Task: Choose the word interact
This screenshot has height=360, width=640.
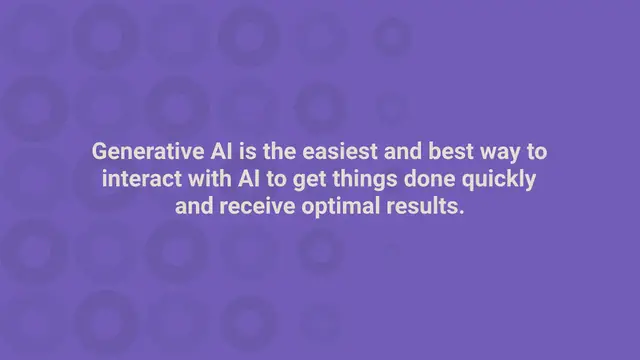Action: [140, 181]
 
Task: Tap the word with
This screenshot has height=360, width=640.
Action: [208, 181]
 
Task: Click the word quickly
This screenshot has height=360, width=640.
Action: [501, 181]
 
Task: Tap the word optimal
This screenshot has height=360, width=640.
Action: [335, 209]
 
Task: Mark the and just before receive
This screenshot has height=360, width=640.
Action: [193, 209]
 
